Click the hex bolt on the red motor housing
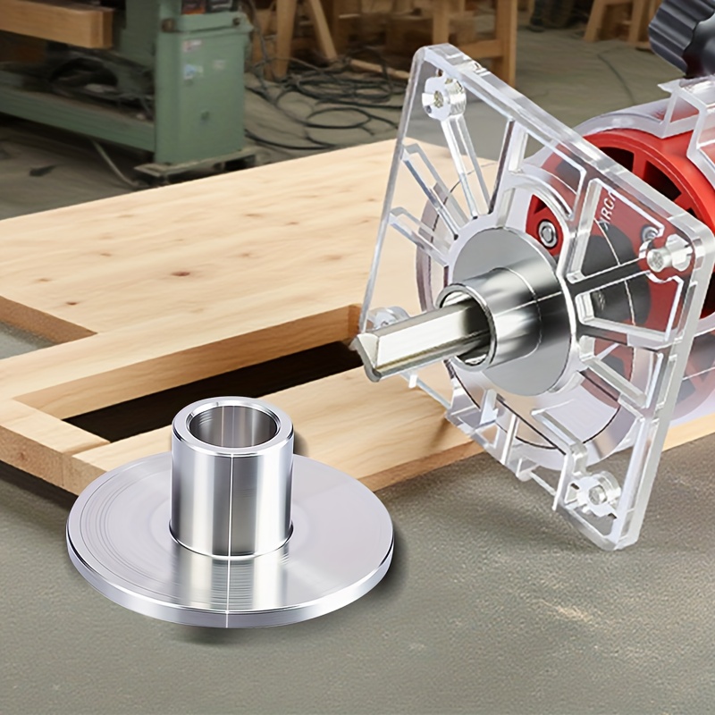(547, 234)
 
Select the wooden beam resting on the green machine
(54, 22)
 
